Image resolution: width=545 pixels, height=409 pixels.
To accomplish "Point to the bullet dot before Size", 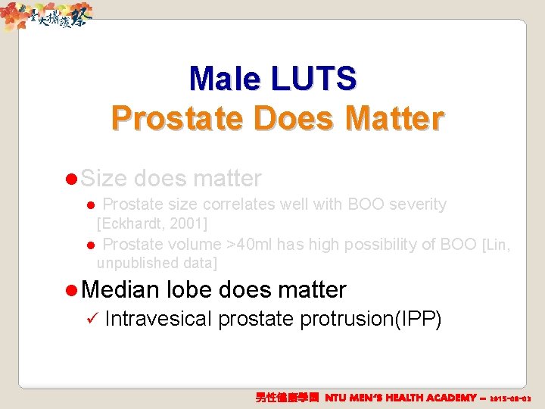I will tap(71, 180).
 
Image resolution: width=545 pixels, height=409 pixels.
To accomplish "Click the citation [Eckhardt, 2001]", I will tap(152, 223).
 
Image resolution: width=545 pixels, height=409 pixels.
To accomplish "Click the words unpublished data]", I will tap(157, 264).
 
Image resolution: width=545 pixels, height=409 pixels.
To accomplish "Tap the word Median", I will tap(120, 289).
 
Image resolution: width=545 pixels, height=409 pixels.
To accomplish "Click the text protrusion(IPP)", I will tap(371, 319).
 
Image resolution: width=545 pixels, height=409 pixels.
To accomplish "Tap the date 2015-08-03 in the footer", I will tap(512, 398).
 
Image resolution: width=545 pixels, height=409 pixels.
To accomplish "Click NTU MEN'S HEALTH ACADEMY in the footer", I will tap(400, 398).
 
